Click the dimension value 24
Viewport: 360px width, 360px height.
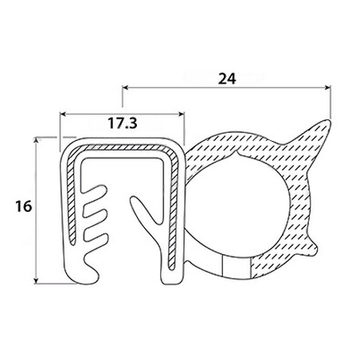coord(227,79)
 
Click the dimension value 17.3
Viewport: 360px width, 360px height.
coord(123,123)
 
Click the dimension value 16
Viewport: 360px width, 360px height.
coord(23,206)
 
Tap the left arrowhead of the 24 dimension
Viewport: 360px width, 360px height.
coord(125,88)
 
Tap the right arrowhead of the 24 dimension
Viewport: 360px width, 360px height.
coord(327,88)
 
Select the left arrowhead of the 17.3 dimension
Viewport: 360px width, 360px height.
coord(63,114)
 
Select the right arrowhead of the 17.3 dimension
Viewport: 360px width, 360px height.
coord(181,114)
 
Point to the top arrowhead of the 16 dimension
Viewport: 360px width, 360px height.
coord(36,141)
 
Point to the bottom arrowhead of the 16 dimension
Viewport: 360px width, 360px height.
coord(36,280)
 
